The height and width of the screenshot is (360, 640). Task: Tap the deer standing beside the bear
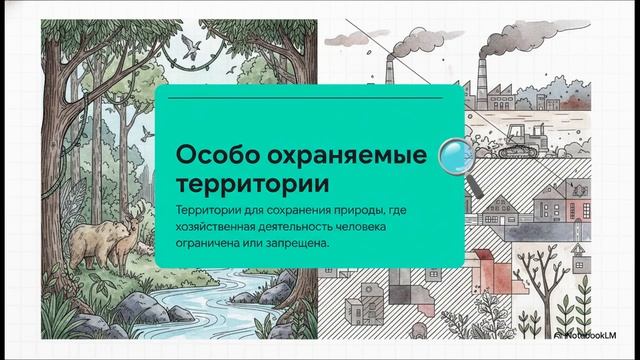(x=124, y=239)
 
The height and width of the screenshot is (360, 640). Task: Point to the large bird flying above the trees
(x=190, y=43)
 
